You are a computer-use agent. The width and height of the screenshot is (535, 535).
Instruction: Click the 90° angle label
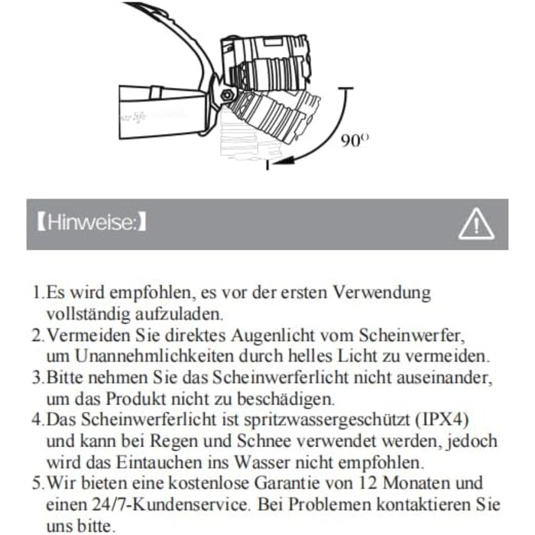pyautogui.click(x=354, y=141)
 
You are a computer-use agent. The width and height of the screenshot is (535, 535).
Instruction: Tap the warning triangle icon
pyautogui.click(x=475, y=225)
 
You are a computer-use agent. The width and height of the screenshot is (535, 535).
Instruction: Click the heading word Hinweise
pyautogui.click(x=91, y=224)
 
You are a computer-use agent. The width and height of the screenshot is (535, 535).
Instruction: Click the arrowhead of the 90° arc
pyautogui.click(x=269, y=163)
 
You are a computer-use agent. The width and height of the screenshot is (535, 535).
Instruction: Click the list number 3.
pyautogui.click(x=36, y=378)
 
